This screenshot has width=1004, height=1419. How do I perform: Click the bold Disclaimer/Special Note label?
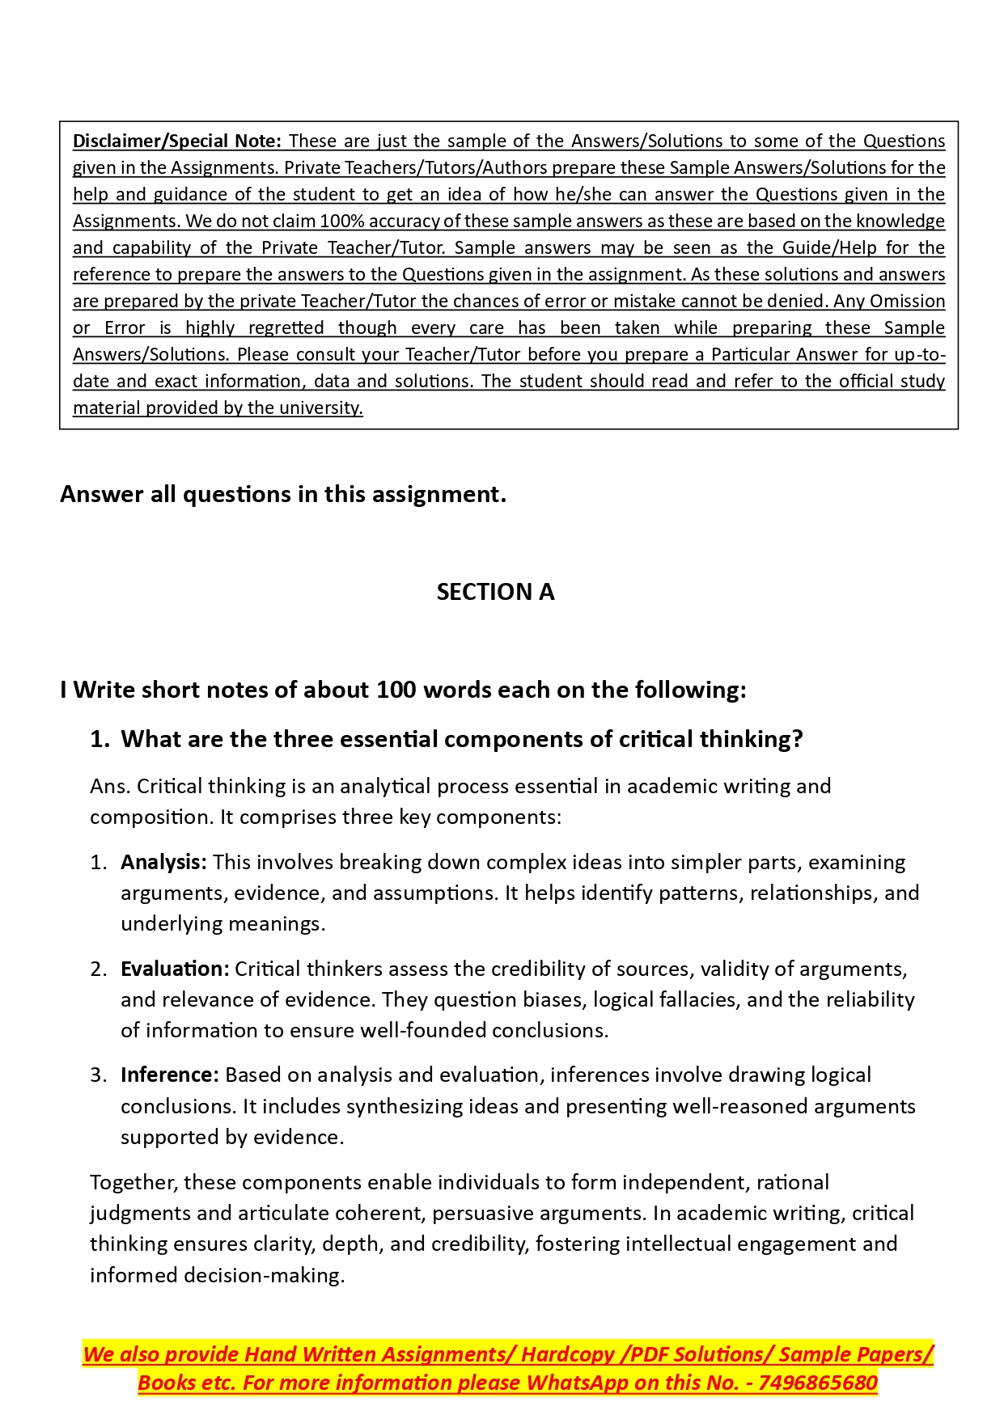(176, 141)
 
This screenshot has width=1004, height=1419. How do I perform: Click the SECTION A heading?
(495, 592)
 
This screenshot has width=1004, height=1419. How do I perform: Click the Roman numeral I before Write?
(64, 690)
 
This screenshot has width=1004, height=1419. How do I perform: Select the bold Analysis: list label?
(163, 862)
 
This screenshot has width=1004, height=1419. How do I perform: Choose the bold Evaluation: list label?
(175, 969)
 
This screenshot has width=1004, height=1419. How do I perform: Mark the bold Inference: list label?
(170, 1075)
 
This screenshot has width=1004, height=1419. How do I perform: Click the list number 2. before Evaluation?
(99, 969)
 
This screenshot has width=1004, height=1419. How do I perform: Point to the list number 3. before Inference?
(99, 1075)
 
